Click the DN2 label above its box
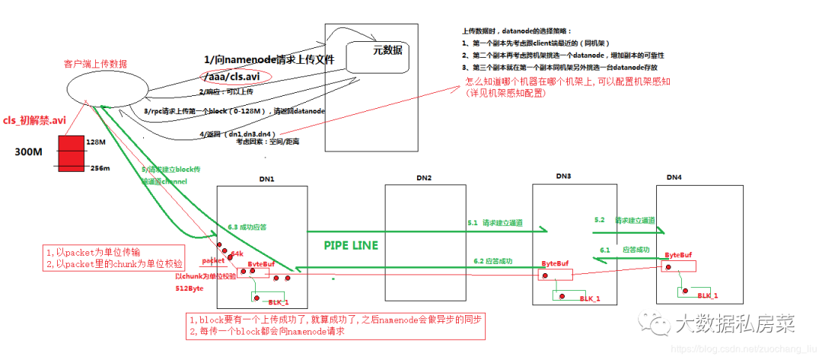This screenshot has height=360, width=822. (x=424, y=177)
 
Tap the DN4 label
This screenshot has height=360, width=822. (x=674, y=177)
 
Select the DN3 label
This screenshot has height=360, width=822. (x=562, y=177)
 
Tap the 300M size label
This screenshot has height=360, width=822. (x=27, y=152)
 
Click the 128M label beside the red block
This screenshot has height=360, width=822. (x=95, y=142)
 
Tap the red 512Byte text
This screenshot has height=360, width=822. (x=193, y=290)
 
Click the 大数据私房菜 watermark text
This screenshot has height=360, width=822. (x=734, y=325)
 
